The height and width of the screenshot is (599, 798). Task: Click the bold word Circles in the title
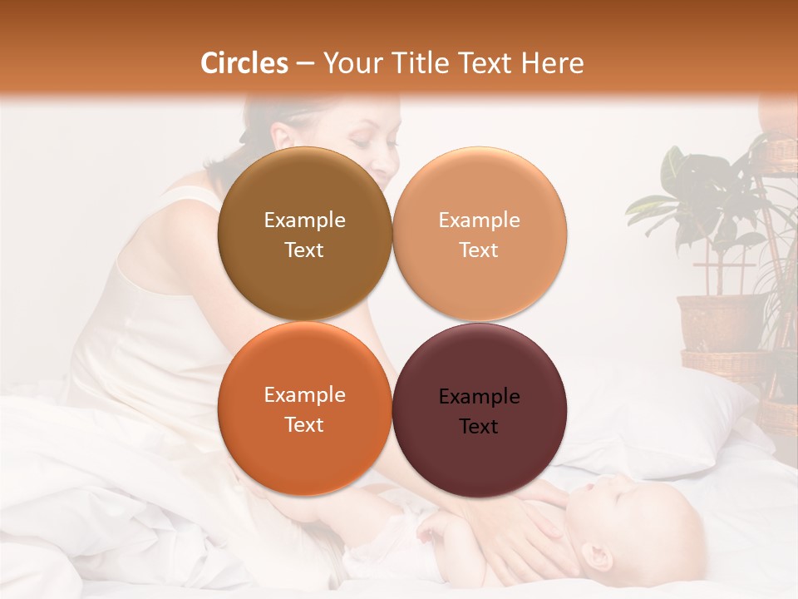click(x=244, y=63)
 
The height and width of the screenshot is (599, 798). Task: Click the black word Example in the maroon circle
click(x=479, y=397)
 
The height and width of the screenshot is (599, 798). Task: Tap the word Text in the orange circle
click(x=304, y=424)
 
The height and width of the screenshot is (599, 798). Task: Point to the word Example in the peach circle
click(x=479, y=220)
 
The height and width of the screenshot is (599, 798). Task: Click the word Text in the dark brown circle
click(x=304, y=250)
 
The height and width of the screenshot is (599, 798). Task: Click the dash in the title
click(x=305, y=64)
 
